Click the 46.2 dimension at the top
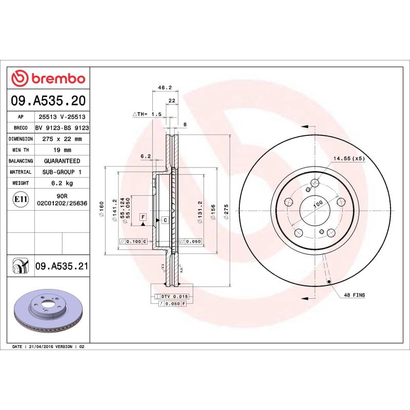(x=164, y=88)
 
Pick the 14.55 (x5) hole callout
(x=349, y=159)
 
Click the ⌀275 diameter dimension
(x=225, y=211)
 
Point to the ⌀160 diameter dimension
(x=102, y=211)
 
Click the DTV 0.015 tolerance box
(x=174, y=297)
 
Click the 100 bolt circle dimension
(x=318, y=203)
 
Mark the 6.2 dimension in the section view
(x=146, y=156)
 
